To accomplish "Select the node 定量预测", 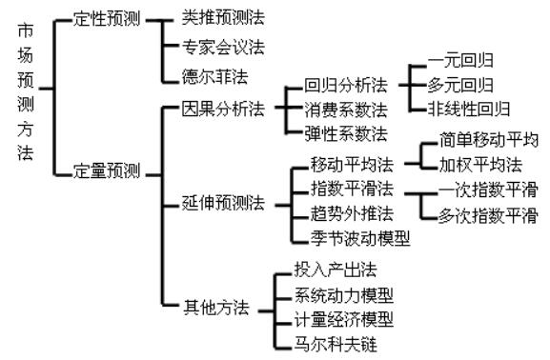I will click(105, 171).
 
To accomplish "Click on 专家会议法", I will click(222, 46).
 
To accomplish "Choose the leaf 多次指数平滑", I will click(486, 215).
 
